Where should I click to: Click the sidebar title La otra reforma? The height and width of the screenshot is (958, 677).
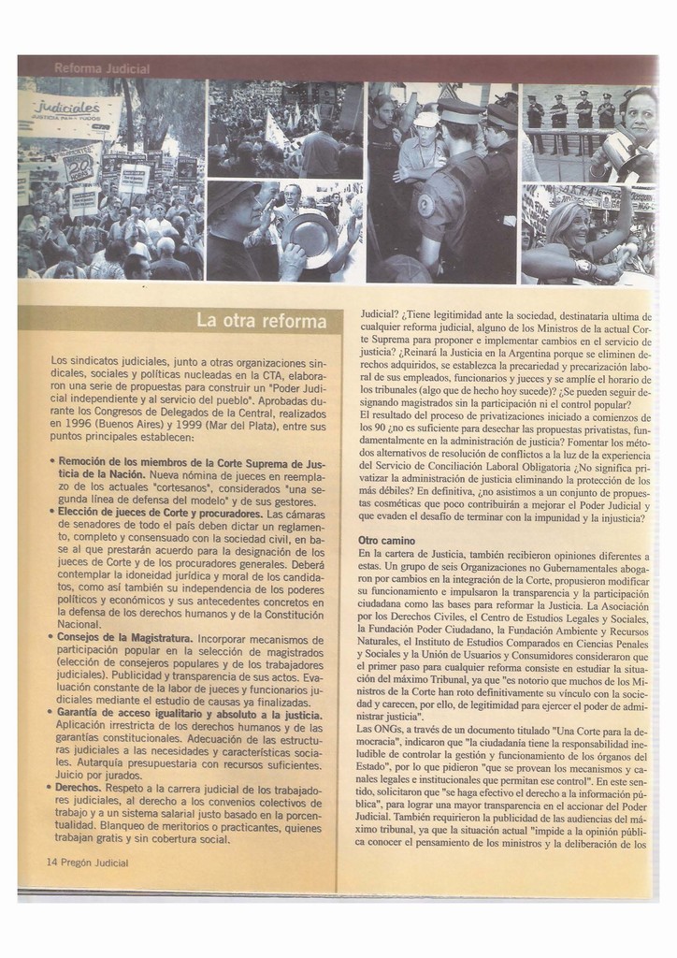pyautogui.click(x=261, y=321)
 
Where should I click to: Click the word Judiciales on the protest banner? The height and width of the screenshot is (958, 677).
pyautogui.click(x=66, y=107)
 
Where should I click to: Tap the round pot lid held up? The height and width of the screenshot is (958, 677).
pyautogui.click(x=310, y=236)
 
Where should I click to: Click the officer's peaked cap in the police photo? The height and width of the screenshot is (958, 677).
pyautogui.click(x=458, y=113)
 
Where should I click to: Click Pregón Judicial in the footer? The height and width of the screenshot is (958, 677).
pyautogui.click(x=94, y=861)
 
